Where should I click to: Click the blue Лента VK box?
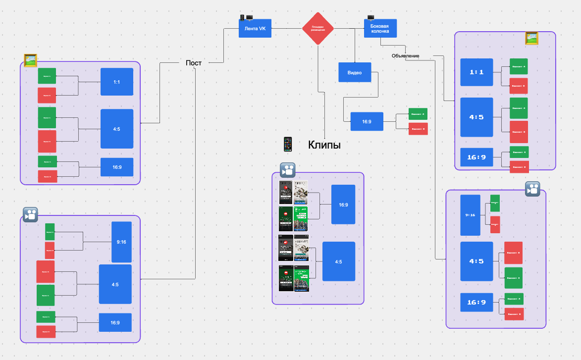(x=255, y=29)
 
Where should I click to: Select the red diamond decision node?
(x=318, y=29)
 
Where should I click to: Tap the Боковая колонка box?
(x=380, y=29)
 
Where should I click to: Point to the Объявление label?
(x=405, y=56)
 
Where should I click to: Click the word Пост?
(x=194, y=63)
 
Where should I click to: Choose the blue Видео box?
(x=355, y=72)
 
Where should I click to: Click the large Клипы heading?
(x=324, y=145)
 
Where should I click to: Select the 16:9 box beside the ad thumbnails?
(x=343, y=204)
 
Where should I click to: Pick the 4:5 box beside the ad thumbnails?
(x=339, y=261)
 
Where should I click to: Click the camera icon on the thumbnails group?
(x=288, y=170)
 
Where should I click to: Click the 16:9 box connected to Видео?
(x=367, y=121)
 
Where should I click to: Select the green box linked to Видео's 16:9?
(x=418, y=114)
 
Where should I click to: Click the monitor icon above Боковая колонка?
(x=370, y=17)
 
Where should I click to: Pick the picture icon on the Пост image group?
(x=31, y=60)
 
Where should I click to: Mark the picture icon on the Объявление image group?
(x=531, y=38)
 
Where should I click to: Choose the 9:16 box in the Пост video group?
(x=121, y=242)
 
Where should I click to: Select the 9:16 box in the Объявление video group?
(x=470, y=215)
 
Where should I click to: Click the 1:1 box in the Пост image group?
(x=117, y=82)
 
